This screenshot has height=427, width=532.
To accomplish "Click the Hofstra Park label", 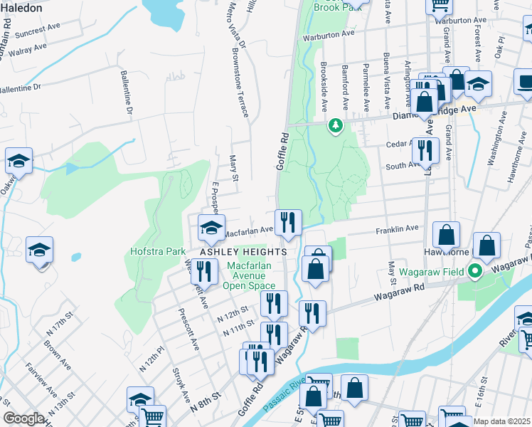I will point(158,251).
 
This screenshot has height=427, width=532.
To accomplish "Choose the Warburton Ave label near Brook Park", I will point(328,34).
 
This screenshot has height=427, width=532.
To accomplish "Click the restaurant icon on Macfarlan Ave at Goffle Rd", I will point(288,222).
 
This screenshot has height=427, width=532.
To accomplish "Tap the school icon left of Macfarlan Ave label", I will point(211,228).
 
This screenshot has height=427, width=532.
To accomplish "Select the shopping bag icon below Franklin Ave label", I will point(446,236).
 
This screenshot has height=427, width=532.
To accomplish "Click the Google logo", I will point(23,418).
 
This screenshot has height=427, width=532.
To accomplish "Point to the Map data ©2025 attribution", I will point(501,421).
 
